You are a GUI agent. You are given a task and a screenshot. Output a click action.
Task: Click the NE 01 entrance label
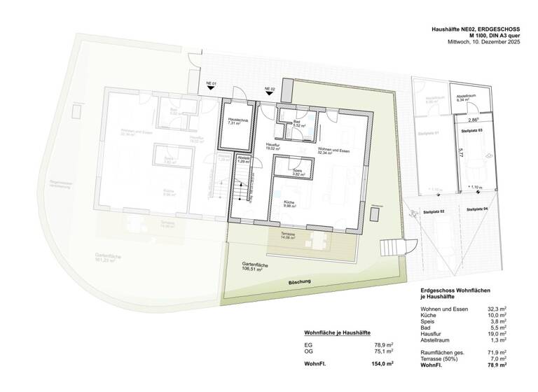point(210,84)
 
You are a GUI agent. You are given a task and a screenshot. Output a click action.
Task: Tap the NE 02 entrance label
point(269,89)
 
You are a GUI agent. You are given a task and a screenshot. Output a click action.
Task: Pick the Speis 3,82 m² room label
point(297,172)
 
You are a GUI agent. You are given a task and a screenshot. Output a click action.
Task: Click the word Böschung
point(299,281)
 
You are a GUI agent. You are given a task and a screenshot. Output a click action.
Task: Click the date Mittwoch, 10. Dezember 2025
point(484,43)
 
